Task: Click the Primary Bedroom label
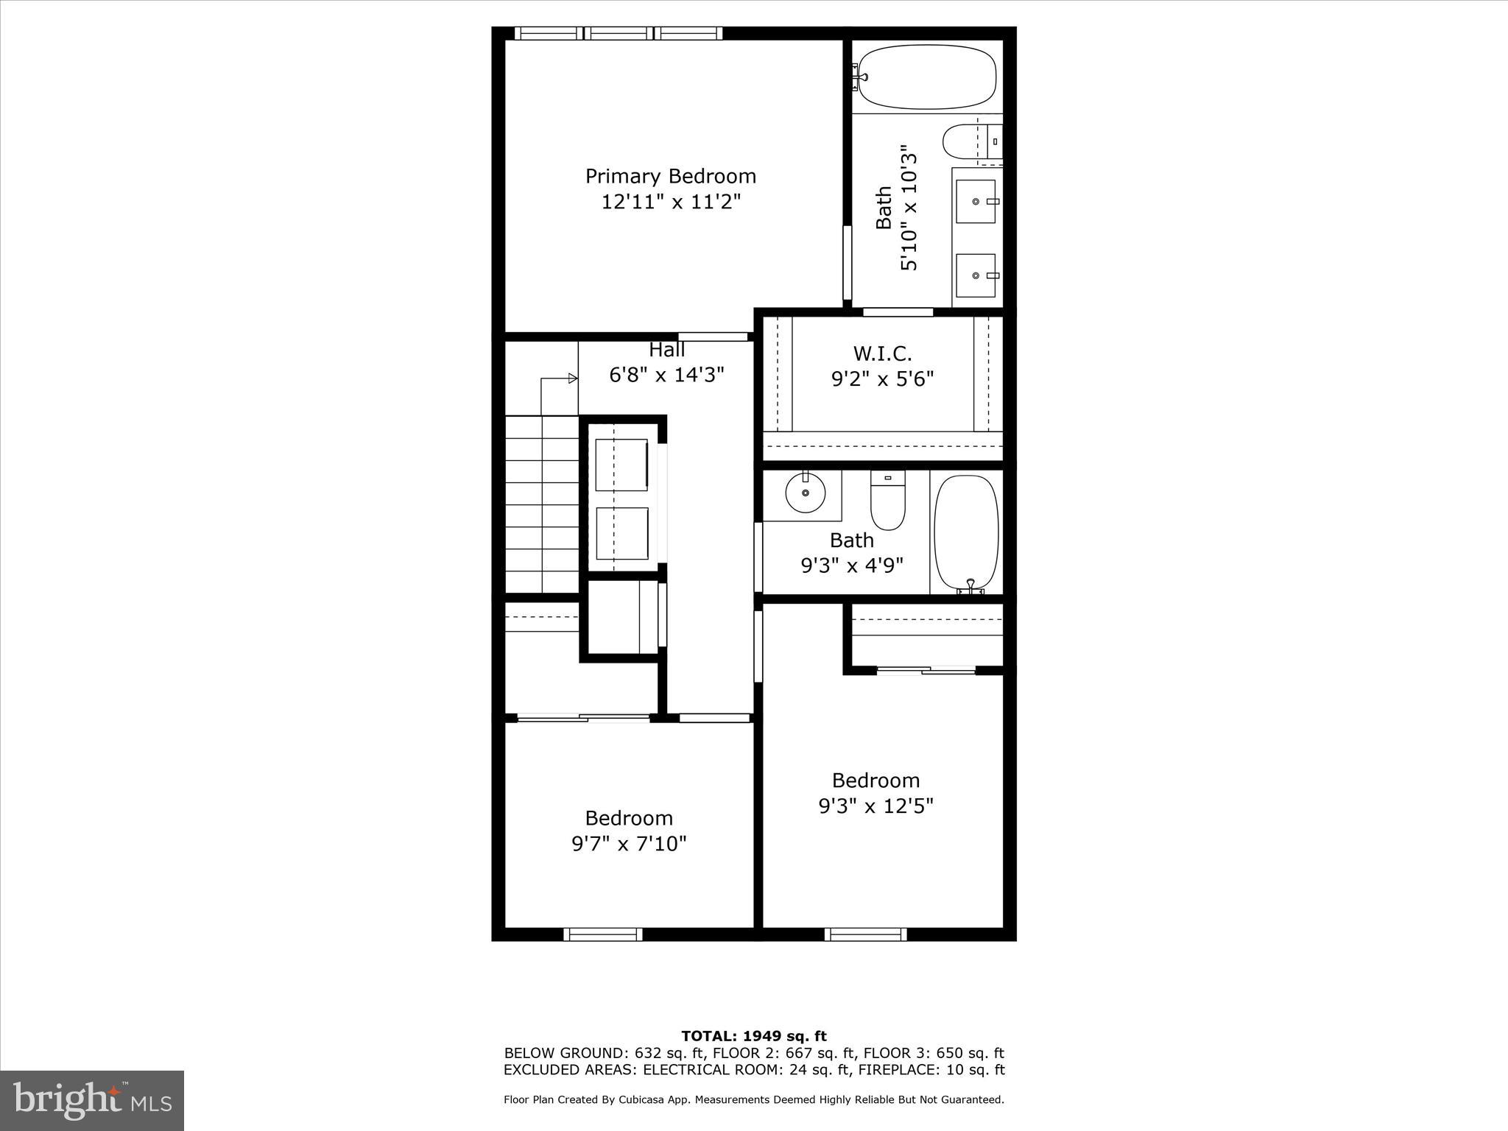[x=670, y=177]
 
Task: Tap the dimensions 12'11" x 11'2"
[x=670, y=202]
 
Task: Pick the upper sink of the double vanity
[x=976, y=201]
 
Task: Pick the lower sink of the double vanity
[x=976, y=275]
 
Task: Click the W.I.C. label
[x=882, y=354]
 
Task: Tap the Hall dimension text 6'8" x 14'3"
[x=666, y=376]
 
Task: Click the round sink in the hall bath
[x=805, y=493]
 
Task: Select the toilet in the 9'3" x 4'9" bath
[x=888, y=501]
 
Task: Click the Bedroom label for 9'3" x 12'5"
[x=875, y=781]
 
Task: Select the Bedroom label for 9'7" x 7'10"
[x=629, y=818]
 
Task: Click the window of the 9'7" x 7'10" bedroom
[x=603, y=934]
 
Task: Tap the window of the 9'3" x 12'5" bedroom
[x=865, y=934]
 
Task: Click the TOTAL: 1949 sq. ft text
[x=753, y=1036]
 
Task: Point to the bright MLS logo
[x=92, y=1101]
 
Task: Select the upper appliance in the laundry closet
[x=621, y=465]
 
